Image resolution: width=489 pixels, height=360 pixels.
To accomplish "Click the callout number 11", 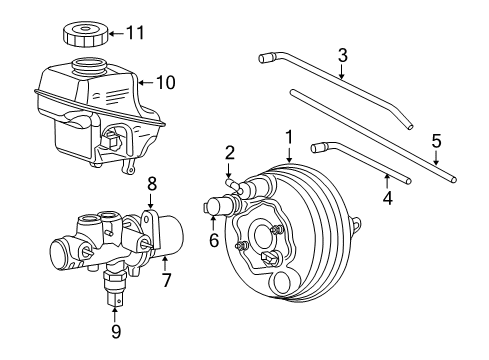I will tap(135, 33).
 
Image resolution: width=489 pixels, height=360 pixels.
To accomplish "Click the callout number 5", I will tap(436, 141).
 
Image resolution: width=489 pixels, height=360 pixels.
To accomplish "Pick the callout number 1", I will tap(289, 134).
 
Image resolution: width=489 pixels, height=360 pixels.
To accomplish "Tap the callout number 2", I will tap(229, 153).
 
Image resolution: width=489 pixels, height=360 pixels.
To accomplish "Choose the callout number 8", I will tap(153, 184).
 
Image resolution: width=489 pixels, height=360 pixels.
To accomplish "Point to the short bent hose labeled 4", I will tap(360, 162).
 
